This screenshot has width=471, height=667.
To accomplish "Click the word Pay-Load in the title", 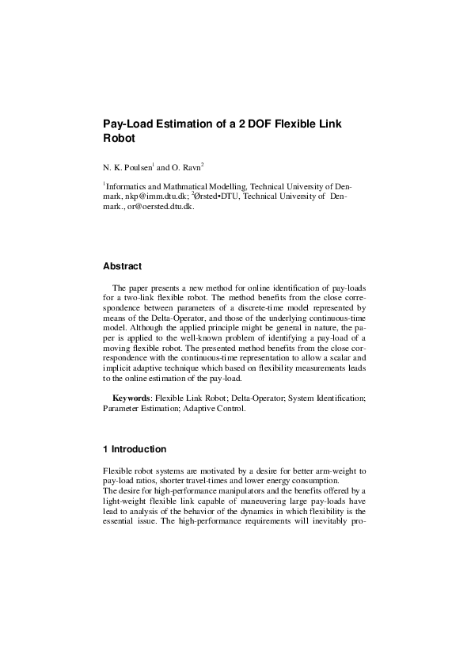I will point(130,124).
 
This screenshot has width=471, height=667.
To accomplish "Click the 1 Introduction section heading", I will point(135,449).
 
